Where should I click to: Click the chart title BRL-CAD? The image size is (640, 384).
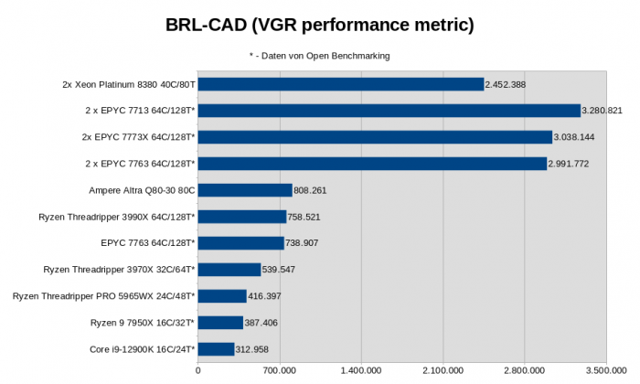pos(319,25)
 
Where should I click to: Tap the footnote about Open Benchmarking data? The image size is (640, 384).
pos(319,56)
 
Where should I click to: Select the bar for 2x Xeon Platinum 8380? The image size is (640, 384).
pos(341,84)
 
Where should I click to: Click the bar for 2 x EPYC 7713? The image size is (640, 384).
pos(389,111)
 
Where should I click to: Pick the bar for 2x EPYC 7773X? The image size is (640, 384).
pos(375,137)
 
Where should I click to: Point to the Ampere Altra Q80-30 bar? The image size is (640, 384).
pos(245,190)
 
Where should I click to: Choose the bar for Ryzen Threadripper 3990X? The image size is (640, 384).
pos(242,217)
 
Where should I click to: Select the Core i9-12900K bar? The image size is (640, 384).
pos(217,349)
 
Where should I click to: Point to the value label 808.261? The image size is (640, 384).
pos(311,190)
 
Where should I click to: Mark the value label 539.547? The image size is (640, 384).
pos(280,270)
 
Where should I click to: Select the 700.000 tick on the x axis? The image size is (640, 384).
pos(279,371)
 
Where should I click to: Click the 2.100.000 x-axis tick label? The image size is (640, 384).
pos(443,371)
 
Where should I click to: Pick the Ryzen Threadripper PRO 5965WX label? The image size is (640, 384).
pos(103,296)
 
